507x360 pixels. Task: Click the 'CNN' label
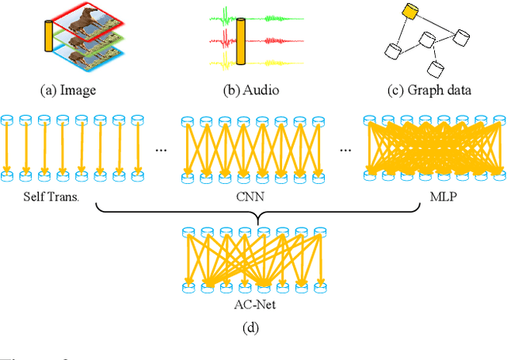(255, 193)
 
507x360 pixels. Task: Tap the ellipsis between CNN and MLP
(345, 148)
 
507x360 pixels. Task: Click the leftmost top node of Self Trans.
(7, 121)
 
